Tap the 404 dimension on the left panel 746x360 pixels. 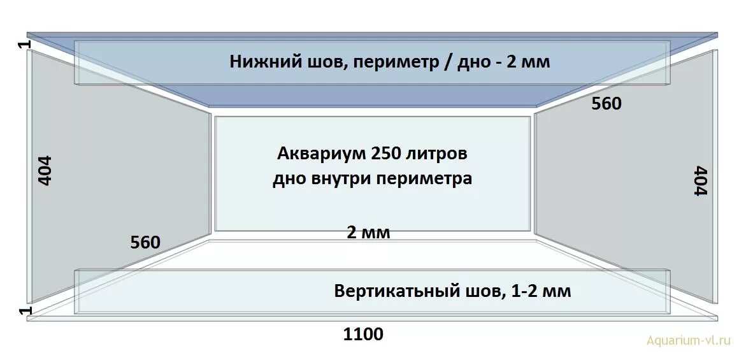(46, 170)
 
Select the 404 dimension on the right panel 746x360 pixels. (701, 182)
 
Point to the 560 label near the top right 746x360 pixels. (606, 103)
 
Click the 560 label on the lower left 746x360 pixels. (145, 242)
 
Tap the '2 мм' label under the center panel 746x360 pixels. (368, 233)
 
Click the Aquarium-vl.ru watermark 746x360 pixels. (687, 340)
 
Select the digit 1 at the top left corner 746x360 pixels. (24, 45)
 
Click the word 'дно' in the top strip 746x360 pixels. (472, 62)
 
